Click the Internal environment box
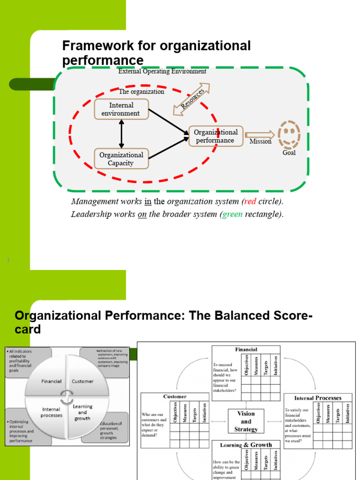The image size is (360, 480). pos(121,109)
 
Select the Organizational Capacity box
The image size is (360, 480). pos(121,159)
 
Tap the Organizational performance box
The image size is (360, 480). pos(216,136)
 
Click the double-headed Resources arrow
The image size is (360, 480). pos(191,99)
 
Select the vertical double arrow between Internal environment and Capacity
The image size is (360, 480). pos(121,134)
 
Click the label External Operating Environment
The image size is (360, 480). pos(162,72)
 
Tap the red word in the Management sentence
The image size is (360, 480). pos(249,202)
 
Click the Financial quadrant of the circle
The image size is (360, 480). pos(51,381)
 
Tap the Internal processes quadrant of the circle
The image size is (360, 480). pos(51,412)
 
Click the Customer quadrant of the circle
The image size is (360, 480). pos(83,381)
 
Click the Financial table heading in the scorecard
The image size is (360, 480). pos(246,349)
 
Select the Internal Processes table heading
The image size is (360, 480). pos(318,398)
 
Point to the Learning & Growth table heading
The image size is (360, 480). pos(246,445)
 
